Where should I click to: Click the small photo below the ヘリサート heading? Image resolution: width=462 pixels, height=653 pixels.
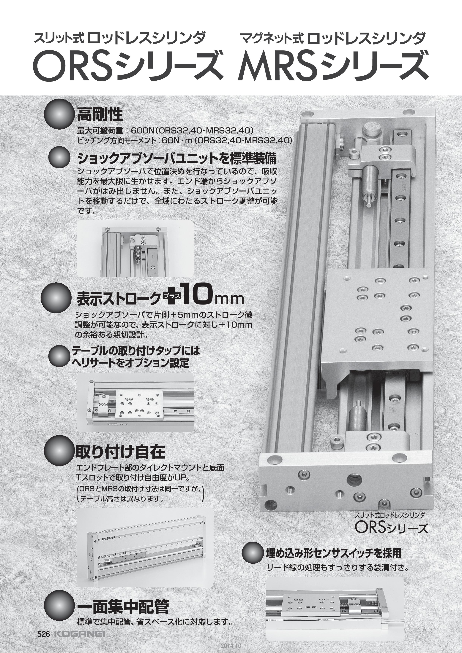pos(136,402)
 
